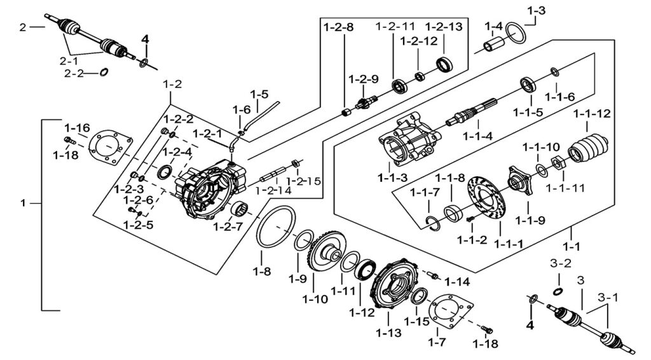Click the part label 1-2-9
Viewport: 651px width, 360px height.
[x=363, y=79]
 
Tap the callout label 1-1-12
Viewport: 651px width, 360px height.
[x=592, y=113]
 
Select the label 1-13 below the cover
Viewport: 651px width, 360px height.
[x=388, y=333]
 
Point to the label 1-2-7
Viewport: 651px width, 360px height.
[x=228, y=227]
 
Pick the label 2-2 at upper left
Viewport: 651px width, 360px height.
[x=74, y=74]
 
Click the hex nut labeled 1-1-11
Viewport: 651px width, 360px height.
[x=557, y=162]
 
